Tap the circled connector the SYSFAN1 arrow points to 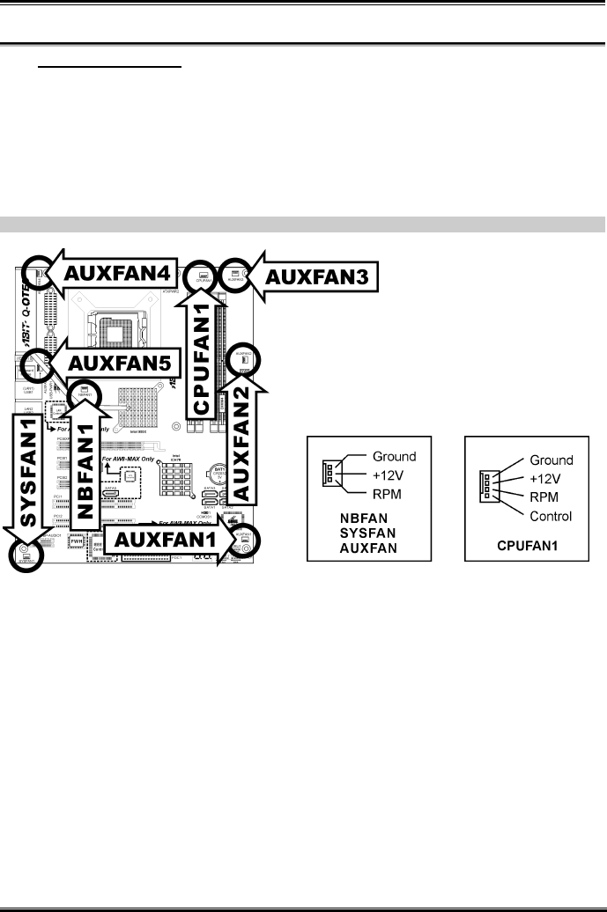coord(24,553)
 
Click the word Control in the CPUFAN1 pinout coord(551,516)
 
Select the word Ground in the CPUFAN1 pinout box coord(551,460)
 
